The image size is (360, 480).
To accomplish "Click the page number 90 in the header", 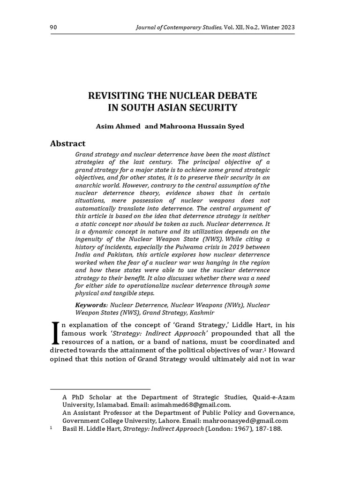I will click(x=53, y=28).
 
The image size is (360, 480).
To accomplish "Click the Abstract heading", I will click(x=68, y=143).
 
